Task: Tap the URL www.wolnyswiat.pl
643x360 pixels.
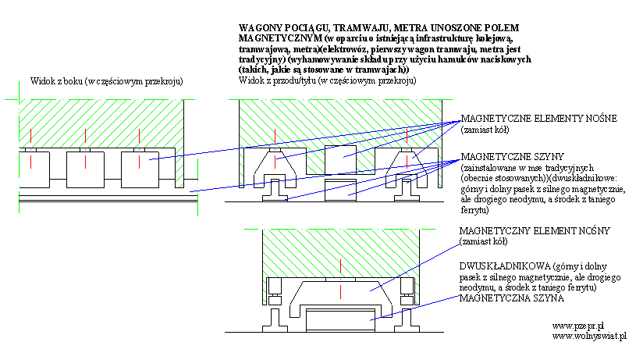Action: click(x=589, y=337)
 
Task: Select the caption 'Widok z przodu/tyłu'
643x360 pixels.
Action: click(x=277, y=80)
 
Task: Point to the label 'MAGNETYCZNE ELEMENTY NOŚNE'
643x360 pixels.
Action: click(x=539, y=119)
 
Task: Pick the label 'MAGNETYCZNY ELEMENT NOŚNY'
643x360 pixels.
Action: click(x=535, y=230)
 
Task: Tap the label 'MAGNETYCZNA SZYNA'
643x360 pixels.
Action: click(x=511, y=298)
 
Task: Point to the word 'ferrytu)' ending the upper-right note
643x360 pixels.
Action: click(x=475, y=210)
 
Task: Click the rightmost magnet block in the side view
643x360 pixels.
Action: click(x=140, y=170)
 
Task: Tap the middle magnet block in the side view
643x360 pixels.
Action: click(x=85, y=170)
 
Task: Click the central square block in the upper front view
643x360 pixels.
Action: click(x=340, y=159)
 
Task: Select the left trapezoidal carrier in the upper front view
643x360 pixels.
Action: click(x=275, y=169)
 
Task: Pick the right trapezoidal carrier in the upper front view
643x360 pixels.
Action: click(x=407, y=169)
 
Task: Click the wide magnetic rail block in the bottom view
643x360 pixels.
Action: click(x=340, y=320)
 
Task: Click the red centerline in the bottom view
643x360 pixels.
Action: click(x=340, y=279)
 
